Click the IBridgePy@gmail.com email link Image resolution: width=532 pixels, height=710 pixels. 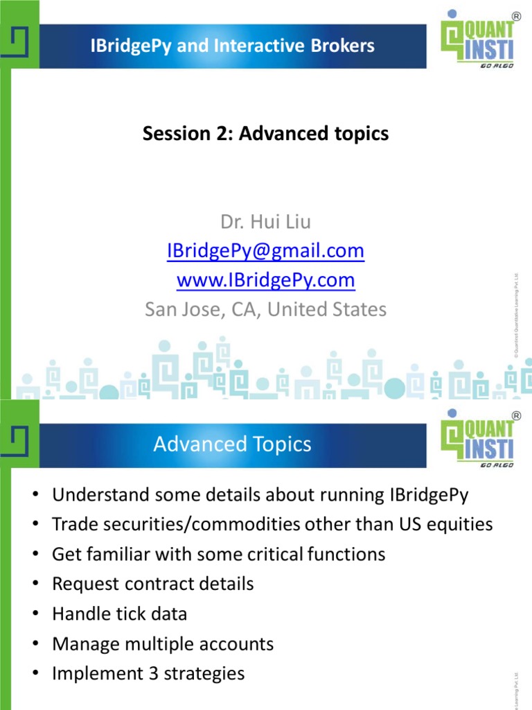265,251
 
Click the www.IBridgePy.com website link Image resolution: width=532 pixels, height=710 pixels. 265,280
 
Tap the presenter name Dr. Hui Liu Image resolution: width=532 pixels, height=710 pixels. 265,222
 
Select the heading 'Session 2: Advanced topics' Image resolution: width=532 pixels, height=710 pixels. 265,134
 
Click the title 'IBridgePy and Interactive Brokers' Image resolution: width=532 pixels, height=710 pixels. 233,46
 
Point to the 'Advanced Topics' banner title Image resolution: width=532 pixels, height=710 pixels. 233,444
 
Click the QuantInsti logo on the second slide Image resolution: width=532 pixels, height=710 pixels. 479,438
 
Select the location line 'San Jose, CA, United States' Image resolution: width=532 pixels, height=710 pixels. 265,309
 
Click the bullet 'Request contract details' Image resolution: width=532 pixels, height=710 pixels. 152,584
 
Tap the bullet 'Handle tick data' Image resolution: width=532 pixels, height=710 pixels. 119,614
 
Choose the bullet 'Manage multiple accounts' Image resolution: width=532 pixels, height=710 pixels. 163,644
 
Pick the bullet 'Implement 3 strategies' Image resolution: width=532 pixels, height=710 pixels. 148,673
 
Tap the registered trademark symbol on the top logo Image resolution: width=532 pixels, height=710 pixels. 516,15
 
